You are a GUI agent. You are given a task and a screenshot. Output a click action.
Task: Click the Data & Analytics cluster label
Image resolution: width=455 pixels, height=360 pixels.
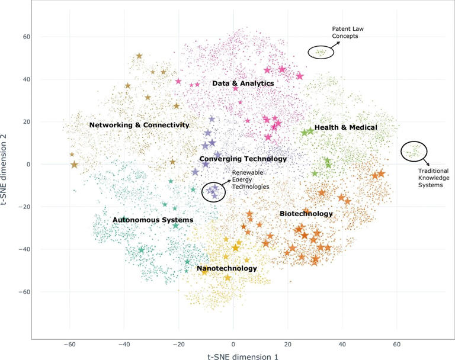pyautogui.click(x=243, y=83)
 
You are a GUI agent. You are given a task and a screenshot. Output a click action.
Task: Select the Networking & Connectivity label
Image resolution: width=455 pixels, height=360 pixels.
pyautogui.click(x=139, y=125)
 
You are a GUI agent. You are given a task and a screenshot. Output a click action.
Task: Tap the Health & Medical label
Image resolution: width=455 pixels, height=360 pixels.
pyautogui.click(x=346, y=127)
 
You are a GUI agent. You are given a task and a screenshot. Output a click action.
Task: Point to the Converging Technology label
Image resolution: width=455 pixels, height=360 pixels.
pyautogui.click(x=243, y=159)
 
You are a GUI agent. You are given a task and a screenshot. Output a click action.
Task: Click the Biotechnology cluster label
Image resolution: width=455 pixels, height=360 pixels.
pyautogui.click(x=306, y=213)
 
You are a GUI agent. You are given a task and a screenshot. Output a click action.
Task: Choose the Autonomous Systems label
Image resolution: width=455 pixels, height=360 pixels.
pyautogui.click(x=153, y=220)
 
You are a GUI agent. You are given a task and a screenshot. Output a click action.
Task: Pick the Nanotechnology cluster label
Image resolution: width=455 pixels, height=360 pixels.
pyautogui.click(x=227, y=268)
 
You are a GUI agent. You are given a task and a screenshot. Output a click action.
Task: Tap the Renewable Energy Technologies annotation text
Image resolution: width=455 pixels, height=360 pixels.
pyautogui.click(x=250, y=179)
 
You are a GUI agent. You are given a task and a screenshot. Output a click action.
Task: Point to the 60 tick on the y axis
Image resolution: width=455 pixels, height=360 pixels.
pyautogui.click(x=19, y=37)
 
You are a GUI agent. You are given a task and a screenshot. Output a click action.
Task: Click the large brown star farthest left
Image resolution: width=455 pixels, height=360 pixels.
pyautogui.click(x=74, y=164)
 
